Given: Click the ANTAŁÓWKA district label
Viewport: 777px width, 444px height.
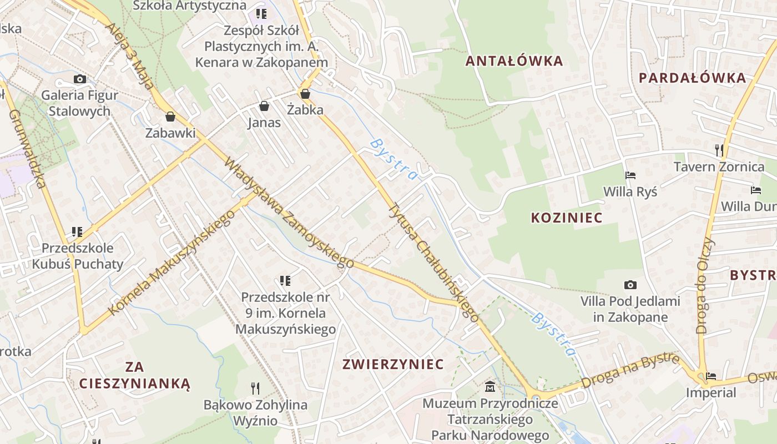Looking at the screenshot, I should (x=514, y=61).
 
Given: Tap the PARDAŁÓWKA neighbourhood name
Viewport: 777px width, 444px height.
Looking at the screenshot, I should (x=692, y=78).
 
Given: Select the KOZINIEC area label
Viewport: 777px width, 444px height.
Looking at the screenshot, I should (x=566, y=218).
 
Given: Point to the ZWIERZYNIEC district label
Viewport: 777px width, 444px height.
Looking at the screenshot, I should (x=393, y=364).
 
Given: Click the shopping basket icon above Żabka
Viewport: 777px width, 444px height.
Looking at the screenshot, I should (x=305, y=94).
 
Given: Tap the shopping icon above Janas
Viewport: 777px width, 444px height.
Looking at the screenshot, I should (x=264, y=106).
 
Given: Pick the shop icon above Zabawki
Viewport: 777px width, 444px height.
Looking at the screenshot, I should (x=170, y=117).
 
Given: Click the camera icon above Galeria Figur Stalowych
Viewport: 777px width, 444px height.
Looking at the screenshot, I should (x=80, y=79).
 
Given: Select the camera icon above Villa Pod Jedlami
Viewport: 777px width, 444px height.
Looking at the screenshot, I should (x=630, y=285).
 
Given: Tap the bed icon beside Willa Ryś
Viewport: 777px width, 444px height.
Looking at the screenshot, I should (x=630, y=175).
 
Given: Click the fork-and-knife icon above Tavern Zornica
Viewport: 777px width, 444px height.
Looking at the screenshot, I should (x=719, y=150).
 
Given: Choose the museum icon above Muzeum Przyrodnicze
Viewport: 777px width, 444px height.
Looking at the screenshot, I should (x=490, y=386).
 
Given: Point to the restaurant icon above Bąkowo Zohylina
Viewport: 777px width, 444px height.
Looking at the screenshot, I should (x=255, y=388).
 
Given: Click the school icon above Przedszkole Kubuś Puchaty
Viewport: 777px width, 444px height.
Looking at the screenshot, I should (x=77, y=231).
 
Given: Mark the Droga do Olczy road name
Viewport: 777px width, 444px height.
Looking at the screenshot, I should (x=705, y=286).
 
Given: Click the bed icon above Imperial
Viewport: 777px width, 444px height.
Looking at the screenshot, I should (x=710, y=376).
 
